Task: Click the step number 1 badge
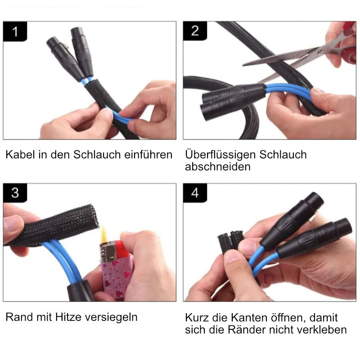(x=15, y=32)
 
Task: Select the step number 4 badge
(x=195, y=193)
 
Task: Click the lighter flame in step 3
(x=104, y=233)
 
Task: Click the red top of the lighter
(x=121, y=250)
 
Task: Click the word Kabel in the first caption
(x=18, y=155)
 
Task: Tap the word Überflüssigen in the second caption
(x=220, y=155)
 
